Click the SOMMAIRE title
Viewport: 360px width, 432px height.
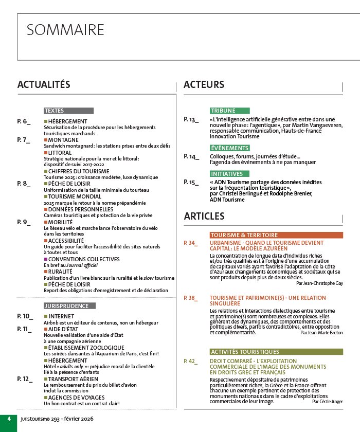click(x=65, y=30)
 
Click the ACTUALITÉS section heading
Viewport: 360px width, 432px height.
click(x=44, y=85)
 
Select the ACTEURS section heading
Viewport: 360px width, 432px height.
click(x=204, y=85)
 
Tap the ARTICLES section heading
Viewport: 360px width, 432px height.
click(x=204, y=216)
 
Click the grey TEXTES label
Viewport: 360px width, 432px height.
click(x=54, y=111)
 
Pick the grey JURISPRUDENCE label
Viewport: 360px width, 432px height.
click(x=66, y=306)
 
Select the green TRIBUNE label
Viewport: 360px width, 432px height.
click(x=223, y=111)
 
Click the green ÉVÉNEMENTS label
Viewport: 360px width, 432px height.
click(x=229, y=148)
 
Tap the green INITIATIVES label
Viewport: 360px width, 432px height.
click(x=226, y=174)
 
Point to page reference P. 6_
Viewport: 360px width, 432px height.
click(x=24, y=121)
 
